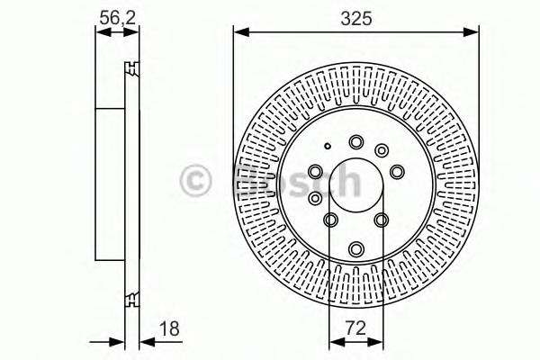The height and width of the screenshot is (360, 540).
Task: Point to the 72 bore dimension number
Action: pyautogui.click(x=355, y=329)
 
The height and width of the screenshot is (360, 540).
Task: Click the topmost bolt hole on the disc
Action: pyautogui.click(x=356, y=140)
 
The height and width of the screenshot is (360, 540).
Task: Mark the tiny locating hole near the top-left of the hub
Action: pyautogui.click(x=329, y=147)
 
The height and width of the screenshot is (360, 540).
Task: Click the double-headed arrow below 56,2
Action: pyautogui.click(x=117, y=32)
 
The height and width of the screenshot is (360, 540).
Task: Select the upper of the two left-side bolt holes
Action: pyautogui.click(x=315, y=170)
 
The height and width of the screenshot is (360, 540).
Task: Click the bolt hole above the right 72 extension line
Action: pyautogui.click(x=381, y=220)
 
